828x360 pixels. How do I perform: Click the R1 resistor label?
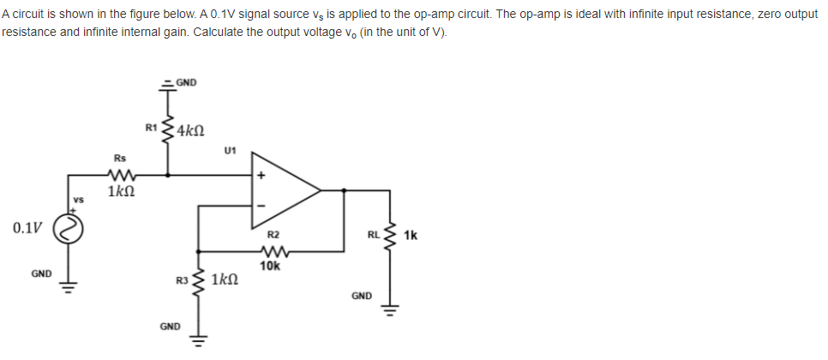point(152,129)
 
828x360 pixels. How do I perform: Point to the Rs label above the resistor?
point(120,158)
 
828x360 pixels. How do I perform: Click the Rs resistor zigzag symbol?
point(120,175)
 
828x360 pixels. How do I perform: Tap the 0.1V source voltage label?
point(27,228)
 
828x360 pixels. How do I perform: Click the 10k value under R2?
point(269,266)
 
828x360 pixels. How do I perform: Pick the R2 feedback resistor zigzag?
point(272,252)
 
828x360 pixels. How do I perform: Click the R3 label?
point(180,279)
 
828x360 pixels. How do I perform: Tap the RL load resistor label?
point(372,234)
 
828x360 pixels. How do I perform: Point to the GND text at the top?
point(186,83)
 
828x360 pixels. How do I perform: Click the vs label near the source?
point(75,200)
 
